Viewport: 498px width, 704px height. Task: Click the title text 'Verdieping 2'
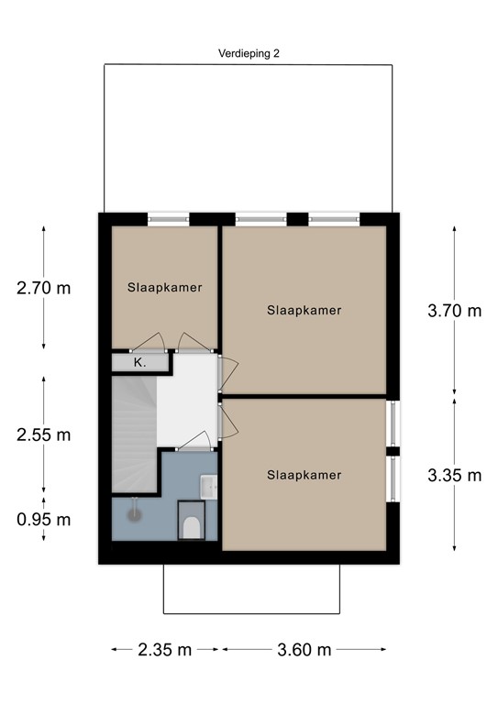[249, 53]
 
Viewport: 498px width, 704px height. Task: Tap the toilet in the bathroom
[192, 525]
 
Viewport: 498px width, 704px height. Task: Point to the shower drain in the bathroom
[135, 514]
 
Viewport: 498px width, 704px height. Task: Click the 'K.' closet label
[139, 363]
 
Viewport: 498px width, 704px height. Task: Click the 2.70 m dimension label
[43, 287]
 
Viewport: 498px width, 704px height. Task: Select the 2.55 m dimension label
[43, 434]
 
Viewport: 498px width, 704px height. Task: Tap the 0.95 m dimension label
[43, 520]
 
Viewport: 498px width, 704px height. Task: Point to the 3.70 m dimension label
[454, 311]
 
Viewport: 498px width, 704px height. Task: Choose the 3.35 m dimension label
[454, 475]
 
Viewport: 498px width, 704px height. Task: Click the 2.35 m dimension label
[165, 650]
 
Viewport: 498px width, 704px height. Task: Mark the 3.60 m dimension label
[304, 650]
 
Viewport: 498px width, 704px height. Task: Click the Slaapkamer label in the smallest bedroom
[164, 287]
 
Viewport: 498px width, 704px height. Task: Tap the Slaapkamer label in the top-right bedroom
[304, 311]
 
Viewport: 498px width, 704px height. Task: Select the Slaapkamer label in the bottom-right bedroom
[304, 475]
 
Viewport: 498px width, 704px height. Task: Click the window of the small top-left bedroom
[169, 218]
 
